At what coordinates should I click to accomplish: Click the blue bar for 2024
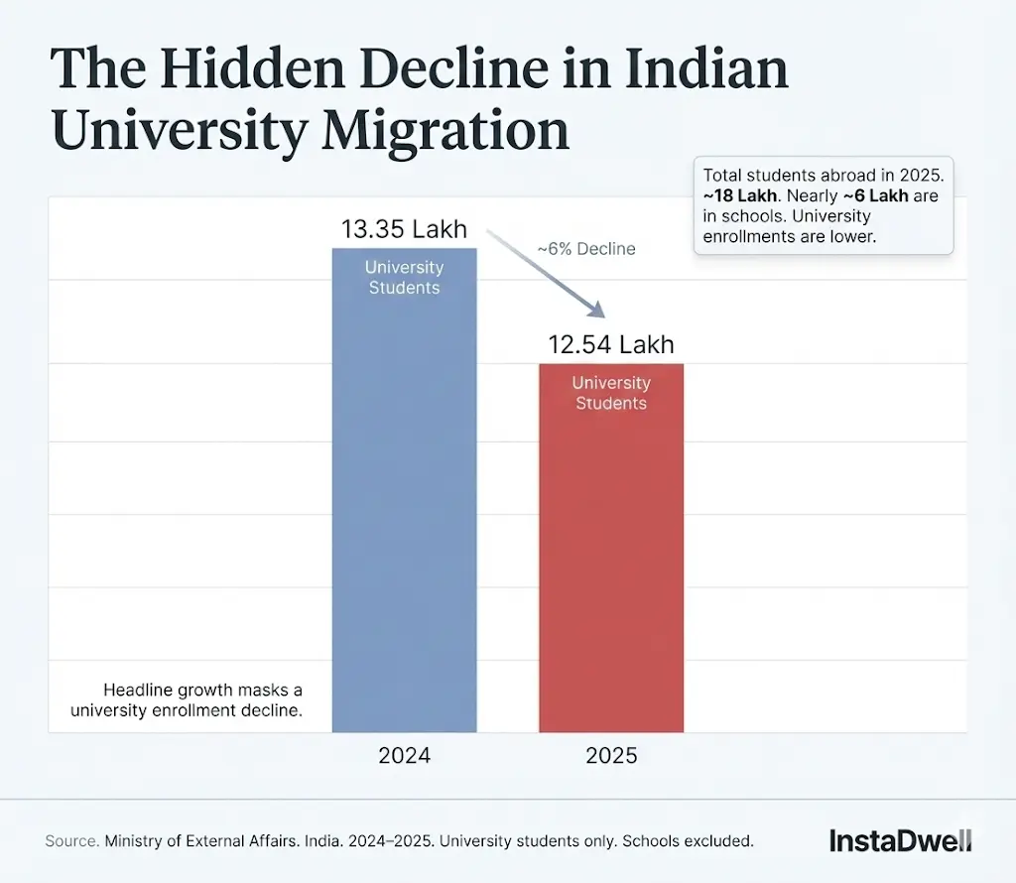click(x=404, y=496)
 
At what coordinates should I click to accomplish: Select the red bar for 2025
click(x=611, y=556)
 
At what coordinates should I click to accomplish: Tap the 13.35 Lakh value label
click(x=404, y=229)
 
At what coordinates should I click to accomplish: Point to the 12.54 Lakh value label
click(x=611, y=344)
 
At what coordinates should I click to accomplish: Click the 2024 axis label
click(x=404, y=756)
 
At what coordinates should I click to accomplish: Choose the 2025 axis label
click(x=611, y=756)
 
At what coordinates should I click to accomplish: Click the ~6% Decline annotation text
click(x=586, y=249)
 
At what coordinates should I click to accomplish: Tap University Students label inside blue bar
click(x=404, y=278)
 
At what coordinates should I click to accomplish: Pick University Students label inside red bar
click(x=611, y=393)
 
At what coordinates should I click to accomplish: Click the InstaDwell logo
click(x=900, y=841)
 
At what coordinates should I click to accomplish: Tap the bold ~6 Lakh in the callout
click(x=875, y=195)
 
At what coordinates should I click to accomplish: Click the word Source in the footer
click(x=71, y=841)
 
